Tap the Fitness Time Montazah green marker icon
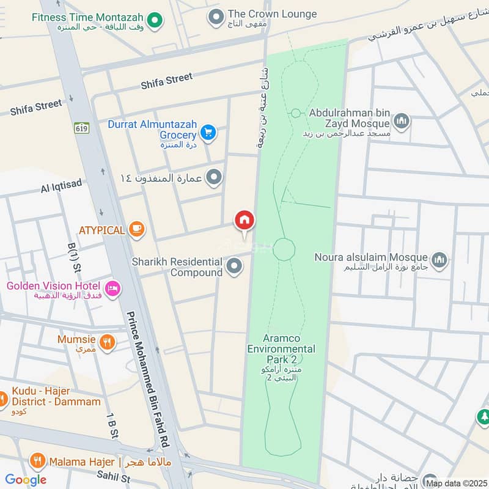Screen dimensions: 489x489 pyautogui.click(x=155, y=21)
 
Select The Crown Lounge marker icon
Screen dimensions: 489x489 pyautogui.click(x=215, y=17)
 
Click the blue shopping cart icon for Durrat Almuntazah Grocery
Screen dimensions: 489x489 pyautogui.click(x=208, y=132)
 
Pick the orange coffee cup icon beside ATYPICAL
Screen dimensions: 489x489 pyautogui.click(x=137, y=229)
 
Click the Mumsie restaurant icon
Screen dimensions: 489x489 pyautogui.click(x=107, y=343)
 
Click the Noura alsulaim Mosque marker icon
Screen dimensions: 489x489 pyautogui.click(x=439, y=261)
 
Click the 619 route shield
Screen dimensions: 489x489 pyautogui.click(x=81, y=128)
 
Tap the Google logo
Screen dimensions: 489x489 pyautogui.click(x=26, y=480)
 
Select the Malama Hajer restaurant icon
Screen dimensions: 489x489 pyautogui.click(x=38, y=461)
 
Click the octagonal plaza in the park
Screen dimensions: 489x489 pyautogui.click(x=284, y=249)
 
